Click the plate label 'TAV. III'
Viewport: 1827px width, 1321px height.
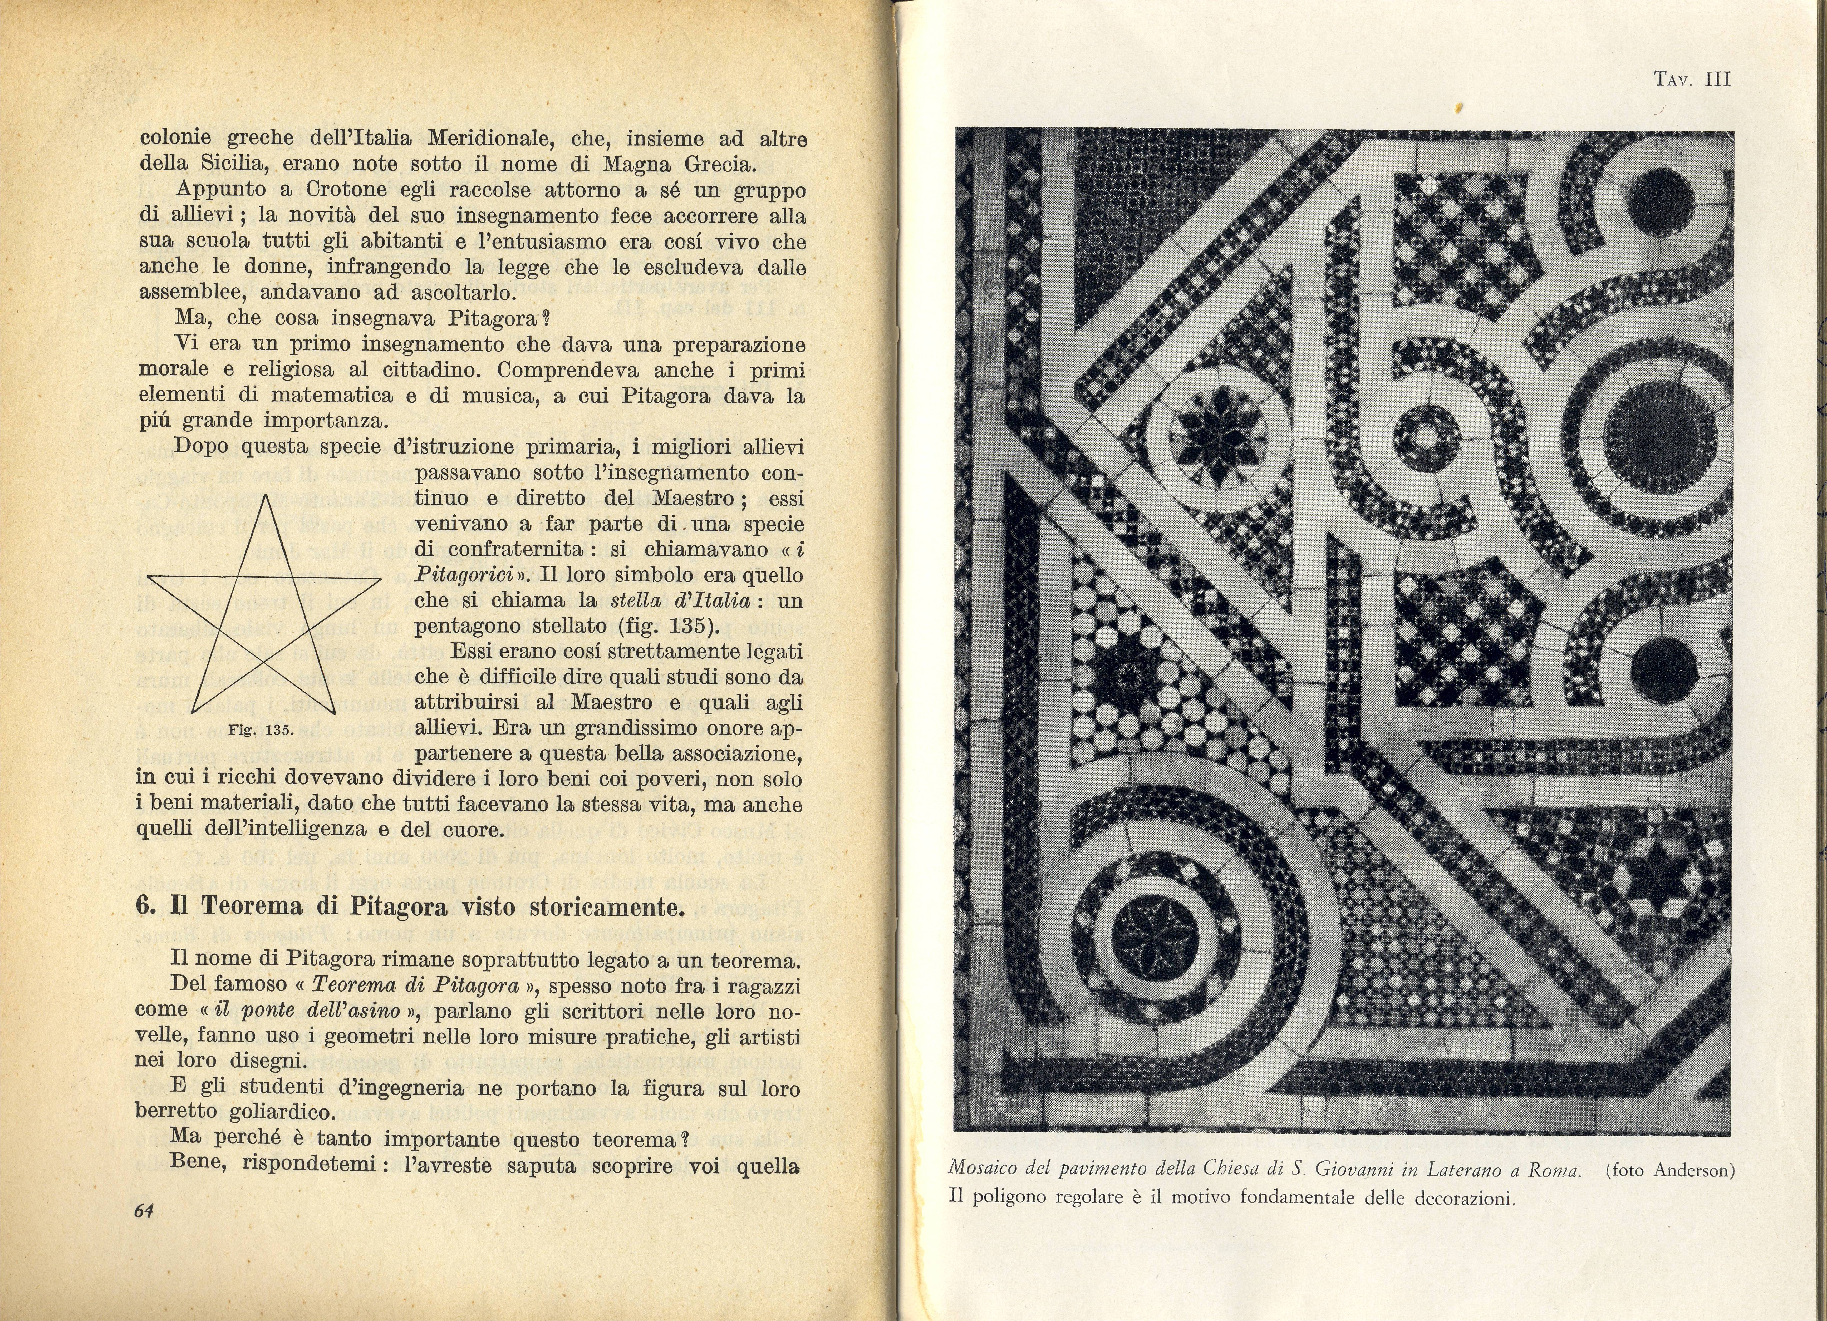click(x=1692, y=79)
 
